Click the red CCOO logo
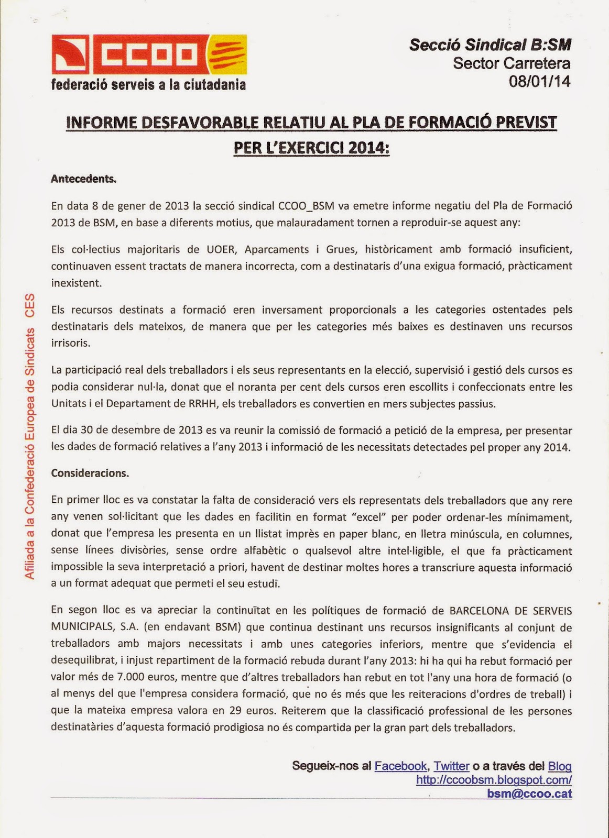(x=149, y=54)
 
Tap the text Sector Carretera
(x=512, y=63)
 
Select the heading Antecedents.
(x=84, y=179)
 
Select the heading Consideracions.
(x=90, y=473)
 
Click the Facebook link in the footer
(x=400, y=766)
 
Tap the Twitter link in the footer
(x=451, y=766)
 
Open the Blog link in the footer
(x=560, y=766)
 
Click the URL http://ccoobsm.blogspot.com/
(x=494, y=779)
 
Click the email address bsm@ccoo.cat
(x=529, y=793)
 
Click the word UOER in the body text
(x=222, y=249)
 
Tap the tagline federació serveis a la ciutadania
(x=148, y=84)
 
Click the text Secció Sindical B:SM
(x=490, y=45)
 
